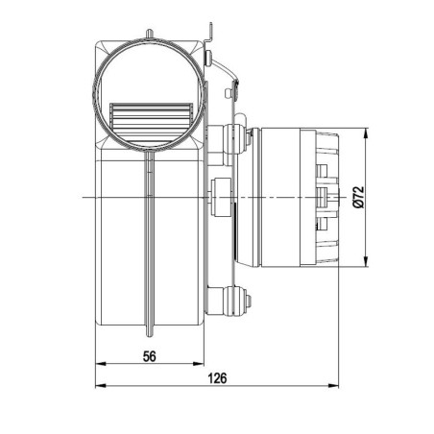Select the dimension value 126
point(218,377)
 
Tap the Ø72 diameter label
point(358,197)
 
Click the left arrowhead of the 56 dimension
point(99,365)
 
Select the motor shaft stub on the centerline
point(331,198)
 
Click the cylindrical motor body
point(278,197)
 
